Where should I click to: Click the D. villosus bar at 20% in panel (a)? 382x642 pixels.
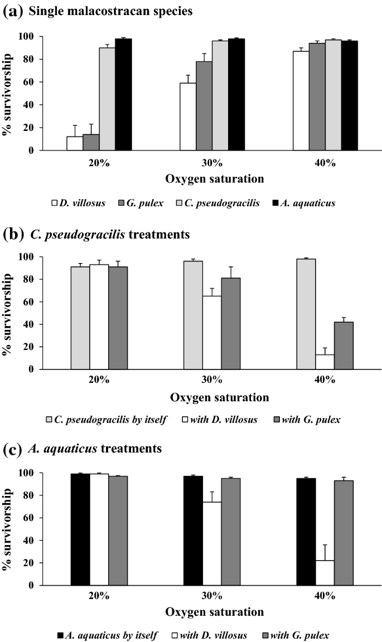[x=75, y=143]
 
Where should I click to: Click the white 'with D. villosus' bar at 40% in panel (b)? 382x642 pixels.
[x=325, y=362]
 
